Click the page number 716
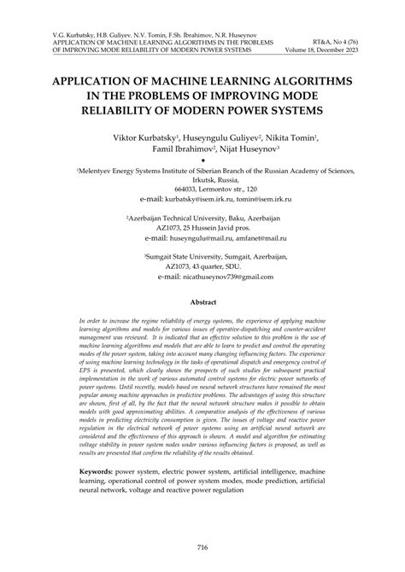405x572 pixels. pos(202,548)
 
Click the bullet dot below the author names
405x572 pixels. pos(202,161)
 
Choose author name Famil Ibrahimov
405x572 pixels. pos(169,149)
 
